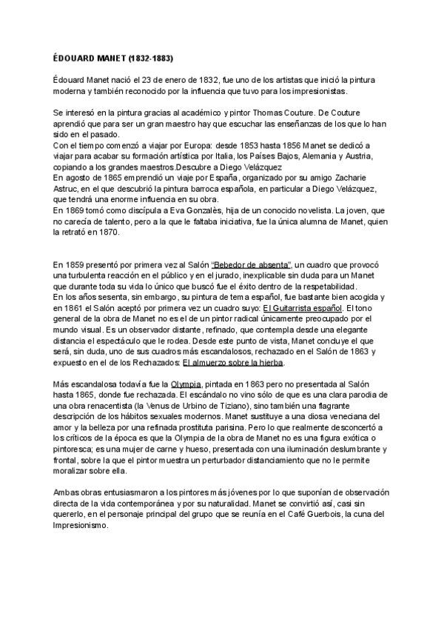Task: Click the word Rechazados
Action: [x=153, y=364]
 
